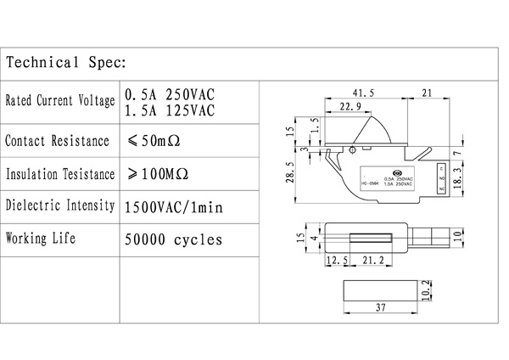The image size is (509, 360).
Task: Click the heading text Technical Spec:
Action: point(66,63)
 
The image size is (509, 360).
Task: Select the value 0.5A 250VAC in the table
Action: point(169,93)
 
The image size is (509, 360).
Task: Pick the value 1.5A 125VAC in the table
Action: point(169,110)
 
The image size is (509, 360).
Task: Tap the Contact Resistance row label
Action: point(57,140)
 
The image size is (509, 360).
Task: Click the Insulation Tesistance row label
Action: point(60,174)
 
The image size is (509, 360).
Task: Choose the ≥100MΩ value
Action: point(158,174)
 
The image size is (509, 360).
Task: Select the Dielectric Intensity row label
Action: point(60,205)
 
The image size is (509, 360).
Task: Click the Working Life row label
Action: point(42,238)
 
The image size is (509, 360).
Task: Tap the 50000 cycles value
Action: point(173,239)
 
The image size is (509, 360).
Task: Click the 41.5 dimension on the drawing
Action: point(363,93)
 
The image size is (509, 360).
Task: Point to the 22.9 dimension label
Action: point(350,107)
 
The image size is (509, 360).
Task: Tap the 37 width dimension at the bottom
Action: point(381,307)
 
